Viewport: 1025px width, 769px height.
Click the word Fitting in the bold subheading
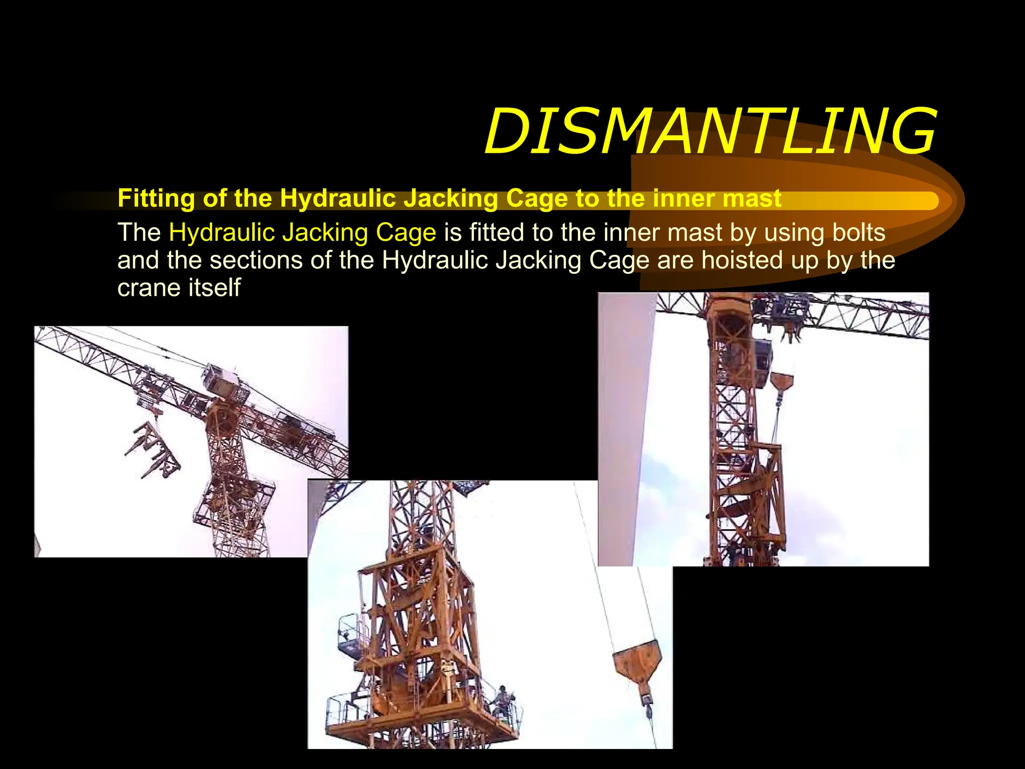click(156, 199)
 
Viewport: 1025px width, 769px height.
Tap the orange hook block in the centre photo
click(637, 661)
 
